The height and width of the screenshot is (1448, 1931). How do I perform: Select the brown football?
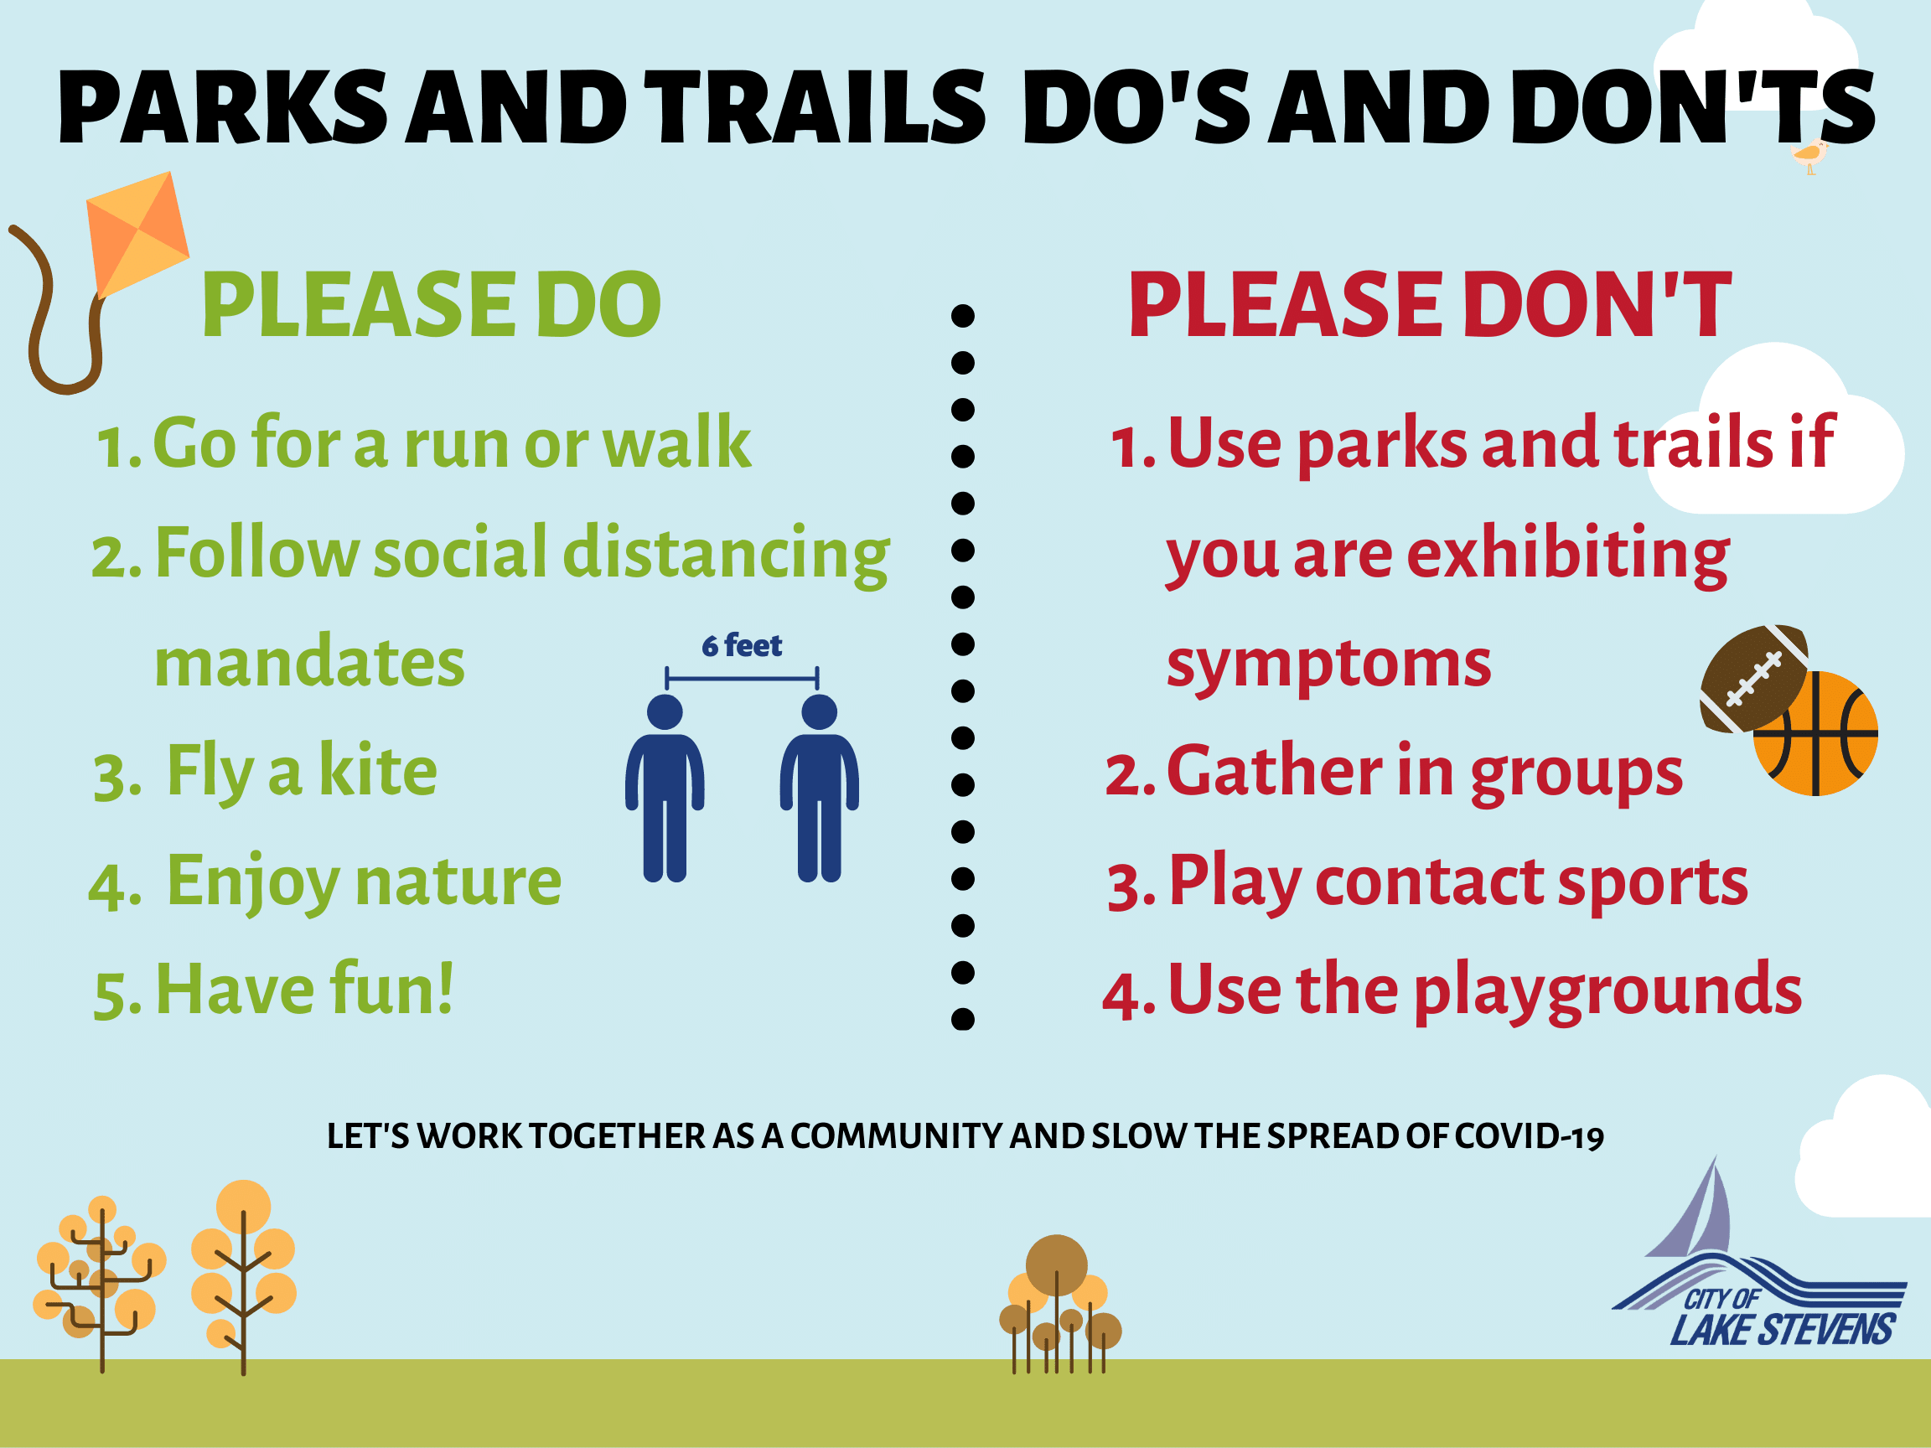click(x=1753, y=678)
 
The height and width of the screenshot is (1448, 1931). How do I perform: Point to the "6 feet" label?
click(x=741, y=646)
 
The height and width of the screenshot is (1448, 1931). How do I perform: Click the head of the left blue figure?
click(x=665, y=712)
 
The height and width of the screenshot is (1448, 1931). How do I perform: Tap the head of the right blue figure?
click(x=819, y=712)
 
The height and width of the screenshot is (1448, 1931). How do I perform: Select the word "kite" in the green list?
click(x=377, y=772)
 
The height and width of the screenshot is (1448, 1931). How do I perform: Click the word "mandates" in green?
click(x=309, y=664)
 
